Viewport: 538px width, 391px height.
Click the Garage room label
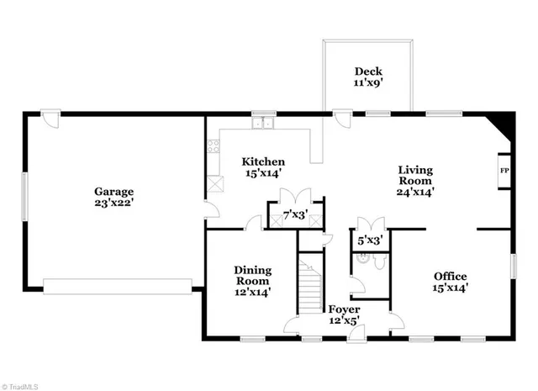click(114, 191)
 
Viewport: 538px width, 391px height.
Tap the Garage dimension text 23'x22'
click(114, 202)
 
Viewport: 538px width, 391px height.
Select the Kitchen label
click(263, 161)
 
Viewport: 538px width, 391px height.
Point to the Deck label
click(368, 71)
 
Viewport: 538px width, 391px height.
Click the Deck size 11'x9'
click(368, 82)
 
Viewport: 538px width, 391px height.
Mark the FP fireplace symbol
click(504, 172)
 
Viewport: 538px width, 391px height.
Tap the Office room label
click(450, 276)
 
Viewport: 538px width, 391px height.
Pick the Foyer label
click(343, 309)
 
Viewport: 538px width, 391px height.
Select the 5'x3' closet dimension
click(370, 240)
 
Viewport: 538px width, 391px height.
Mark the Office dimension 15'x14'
click(450, 287)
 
